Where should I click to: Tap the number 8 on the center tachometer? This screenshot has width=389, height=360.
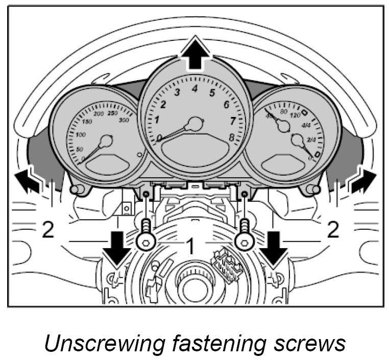pyautogui.click(x=232, y=138)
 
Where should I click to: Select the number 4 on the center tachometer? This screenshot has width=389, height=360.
pyautogui.click(x=195, y=89)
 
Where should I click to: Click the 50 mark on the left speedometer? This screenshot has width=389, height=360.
pyautogui.click(x=79, y=149)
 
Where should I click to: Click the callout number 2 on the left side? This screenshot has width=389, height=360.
pyautogui.click(x=47, y=231)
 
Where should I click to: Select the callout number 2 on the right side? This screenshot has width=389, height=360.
pyautogui.click(x=333, y=231)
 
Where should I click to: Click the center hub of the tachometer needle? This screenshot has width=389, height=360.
pyautogui.click(x=195, y=124)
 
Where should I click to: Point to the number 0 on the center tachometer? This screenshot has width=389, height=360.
pyautogui.click(x=160, y=138)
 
